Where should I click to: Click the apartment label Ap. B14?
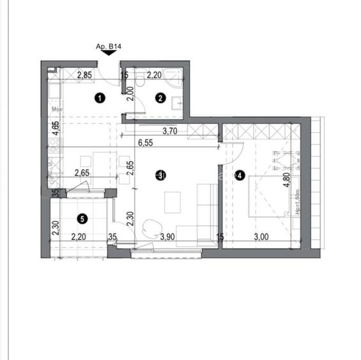coord(108,47)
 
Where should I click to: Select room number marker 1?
coord(99,98)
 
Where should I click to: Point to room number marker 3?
coord(162,175)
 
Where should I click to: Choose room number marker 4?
coord(238,175)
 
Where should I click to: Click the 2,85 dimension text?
coord(85,75)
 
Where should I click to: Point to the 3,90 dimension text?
coord(167,237)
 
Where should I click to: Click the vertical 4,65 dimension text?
coord(56,129)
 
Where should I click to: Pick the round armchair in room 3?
coord(152,228)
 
